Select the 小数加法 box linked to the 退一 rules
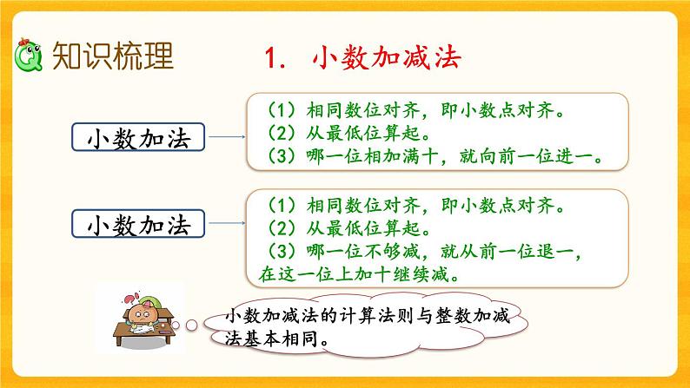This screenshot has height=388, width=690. pyautogui.click(x=139, y=225)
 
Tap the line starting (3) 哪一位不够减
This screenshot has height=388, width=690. pyautogui.click(x=409, y=252)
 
